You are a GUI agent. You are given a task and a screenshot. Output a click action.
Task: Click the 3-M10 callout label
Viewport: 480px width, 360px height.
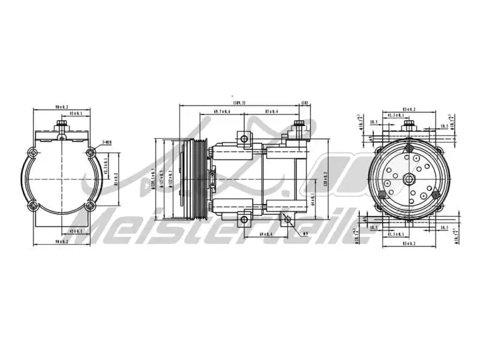[x=107, y=142]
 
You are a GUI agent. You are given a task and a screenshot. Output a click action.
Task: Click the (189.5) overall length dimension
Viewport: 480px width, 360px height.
[x=239, y=103]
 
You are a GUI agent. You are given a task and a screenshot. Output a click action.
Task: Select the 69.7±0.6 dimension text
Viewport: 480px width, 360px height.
[x=222, y=112]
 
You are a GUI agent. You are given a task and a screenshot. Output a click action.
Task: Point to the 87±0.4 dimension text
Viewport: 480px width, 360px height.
[x=271, y=112]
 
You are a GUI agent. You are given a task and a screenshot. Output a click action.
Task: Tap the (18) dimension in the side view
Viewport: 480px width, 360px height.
[x=305, y=103]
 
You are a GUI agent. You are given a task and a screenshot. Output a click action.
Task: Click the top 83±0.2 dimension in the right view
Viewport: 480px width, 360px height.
[x=409, y=109]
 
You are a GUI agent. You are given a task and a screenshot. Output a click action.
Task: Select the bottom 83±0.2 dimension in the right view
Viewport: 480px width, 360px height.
[x=409, y=243]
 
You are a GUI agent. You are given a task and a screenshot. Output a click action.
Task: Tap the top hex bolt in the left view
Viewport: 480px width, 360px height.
[x=61, y=126]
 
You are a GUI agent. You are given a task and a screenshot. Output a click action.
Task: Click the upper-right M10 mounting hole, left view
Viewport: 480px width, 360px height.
[x=90, y=151]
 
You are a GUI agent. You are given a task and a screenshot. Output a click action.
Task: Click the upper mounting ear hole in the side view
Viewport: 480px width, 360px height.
[x=244, y=139]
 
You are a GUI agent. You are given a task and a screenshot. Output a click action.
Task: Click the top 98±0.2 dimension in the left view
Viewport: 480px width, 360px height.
[x=62, y=107]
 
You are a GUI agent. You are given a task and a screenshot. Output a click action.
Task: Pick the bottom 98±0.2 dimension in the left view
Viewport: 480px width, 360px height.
[x=62, y=241]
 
